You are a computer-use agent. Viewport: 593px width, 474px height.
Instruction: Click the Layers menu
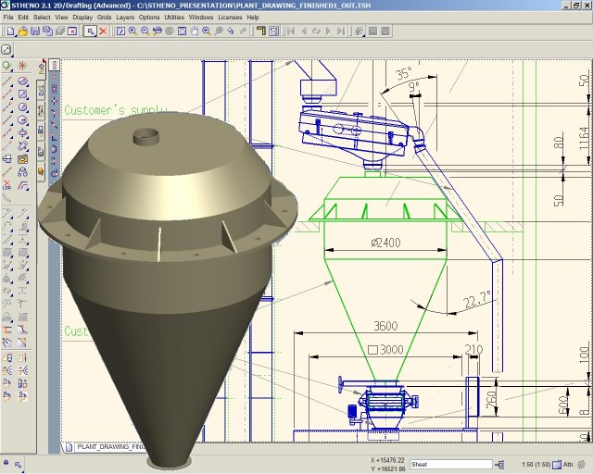click(x=124, y=18)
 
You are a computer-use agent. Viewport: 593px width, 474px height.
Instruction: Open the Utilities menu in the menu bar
click(x=174, y=18)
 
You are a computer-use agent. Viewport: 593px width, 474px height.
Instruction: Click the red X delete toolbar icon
click(x=103, y=31)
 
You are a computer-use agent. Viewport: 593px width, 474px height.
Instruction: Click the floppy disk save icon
click(x=35, y=31)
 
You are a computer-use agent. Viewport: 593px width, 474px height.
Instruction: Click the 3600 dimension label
click(x=385, y=326)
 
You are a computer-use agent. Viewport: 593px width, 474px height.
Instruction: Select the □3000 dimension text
click(x=385, y=350)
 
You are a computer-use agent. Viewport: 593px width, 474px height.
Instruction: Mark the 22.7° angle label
click(x=475, y=300)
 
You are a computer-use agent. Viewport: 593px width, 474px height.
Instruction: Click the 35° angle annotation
click(x=403, y=73)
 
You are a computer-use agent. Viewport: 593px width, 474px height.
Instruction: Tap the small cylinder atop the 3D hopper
click(x=145, y=136)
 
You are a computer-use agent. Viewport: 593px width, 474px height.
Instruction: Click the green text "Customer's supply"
click(x=116, y=110)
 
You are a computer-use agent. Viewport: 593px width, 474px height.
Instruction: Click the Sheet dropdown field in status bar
click(x=451, y=464)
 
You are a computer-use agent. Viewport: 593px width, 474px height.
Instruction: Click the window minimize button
click(x=558, y=6)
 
